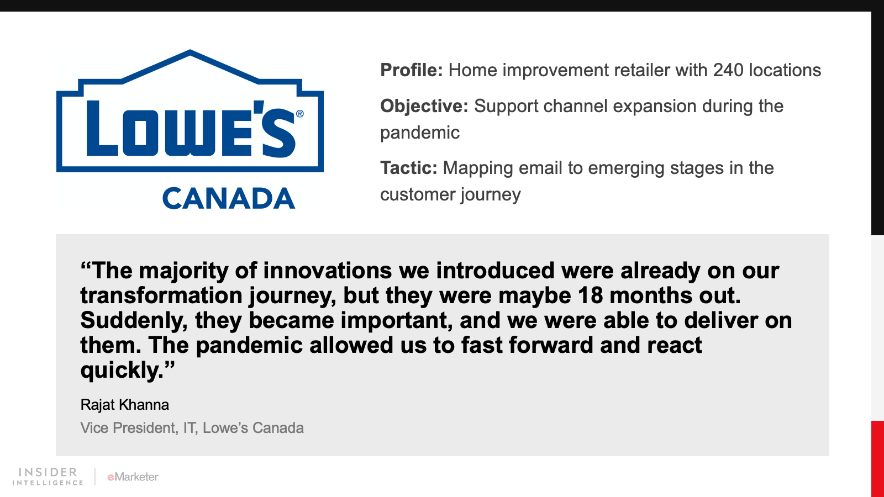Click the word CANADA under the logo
(229, 198)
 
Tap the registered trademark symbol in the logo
(300, 114)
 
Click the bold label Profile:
(412, 70)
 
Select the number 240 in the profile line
(728, 70)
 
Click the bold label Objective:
(424, 106)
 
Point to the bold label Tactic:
(409, 168)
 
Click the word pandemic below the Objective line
(420, 133)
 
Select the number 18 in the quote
(591, 295)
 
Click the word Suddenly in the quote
(131, 320)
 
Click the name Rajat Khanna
(125, 405)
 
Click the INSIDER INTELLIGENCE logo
(48, 477)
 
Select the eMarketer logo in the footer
(133, 477)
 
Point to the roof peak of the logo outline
(190, 51)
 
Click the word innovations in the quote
(327, 271)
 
